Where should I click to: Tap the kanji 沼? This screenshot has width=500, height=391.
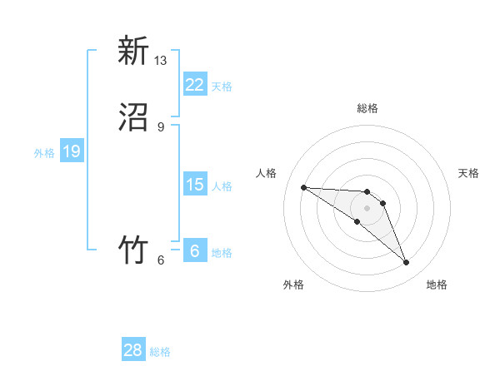point(132,116)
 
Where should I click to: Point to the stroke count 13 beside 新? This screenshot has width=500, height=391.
point(161,61)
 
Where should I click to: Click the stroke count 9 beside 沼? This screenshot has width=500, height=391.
point(161,127)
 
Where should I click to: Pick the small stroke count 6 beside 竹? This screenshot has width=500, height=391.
point(161,260)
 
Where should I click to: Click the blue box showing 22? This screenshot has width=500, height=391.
point(195,84)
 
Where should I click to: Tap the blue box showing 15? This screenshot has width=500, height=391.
point(195,184)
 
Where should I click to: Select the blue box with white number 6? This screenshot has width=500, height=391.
point(195,250)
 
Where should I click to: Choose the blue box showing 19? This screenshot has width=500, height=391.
point(72,151)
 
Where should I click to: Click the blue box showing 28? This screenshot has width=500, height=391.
point(133,350)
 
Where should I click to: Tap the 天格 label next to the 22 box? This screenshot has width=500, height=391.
point(222,87)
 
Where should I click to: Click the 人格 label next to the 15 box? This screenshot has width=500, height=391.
point(222,186)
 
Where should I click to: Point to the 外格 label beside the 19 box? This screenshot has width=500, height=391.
point(44,153)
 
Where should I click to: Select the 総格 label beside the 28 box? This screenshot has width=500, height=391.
point(160,353)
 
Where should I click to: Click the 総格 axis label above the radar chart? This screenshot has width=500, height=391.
point(367,108)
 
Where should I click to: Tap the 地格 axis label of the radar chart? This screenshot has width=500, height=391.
point(437,285)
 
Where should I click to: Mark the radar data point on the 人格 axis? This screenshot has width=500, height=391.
point(303,187)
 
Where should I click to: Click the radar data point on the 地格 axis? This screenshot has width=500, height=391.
point(407,263)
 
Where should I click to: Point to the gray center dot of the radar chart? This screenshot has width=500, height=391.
point(367,208)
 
